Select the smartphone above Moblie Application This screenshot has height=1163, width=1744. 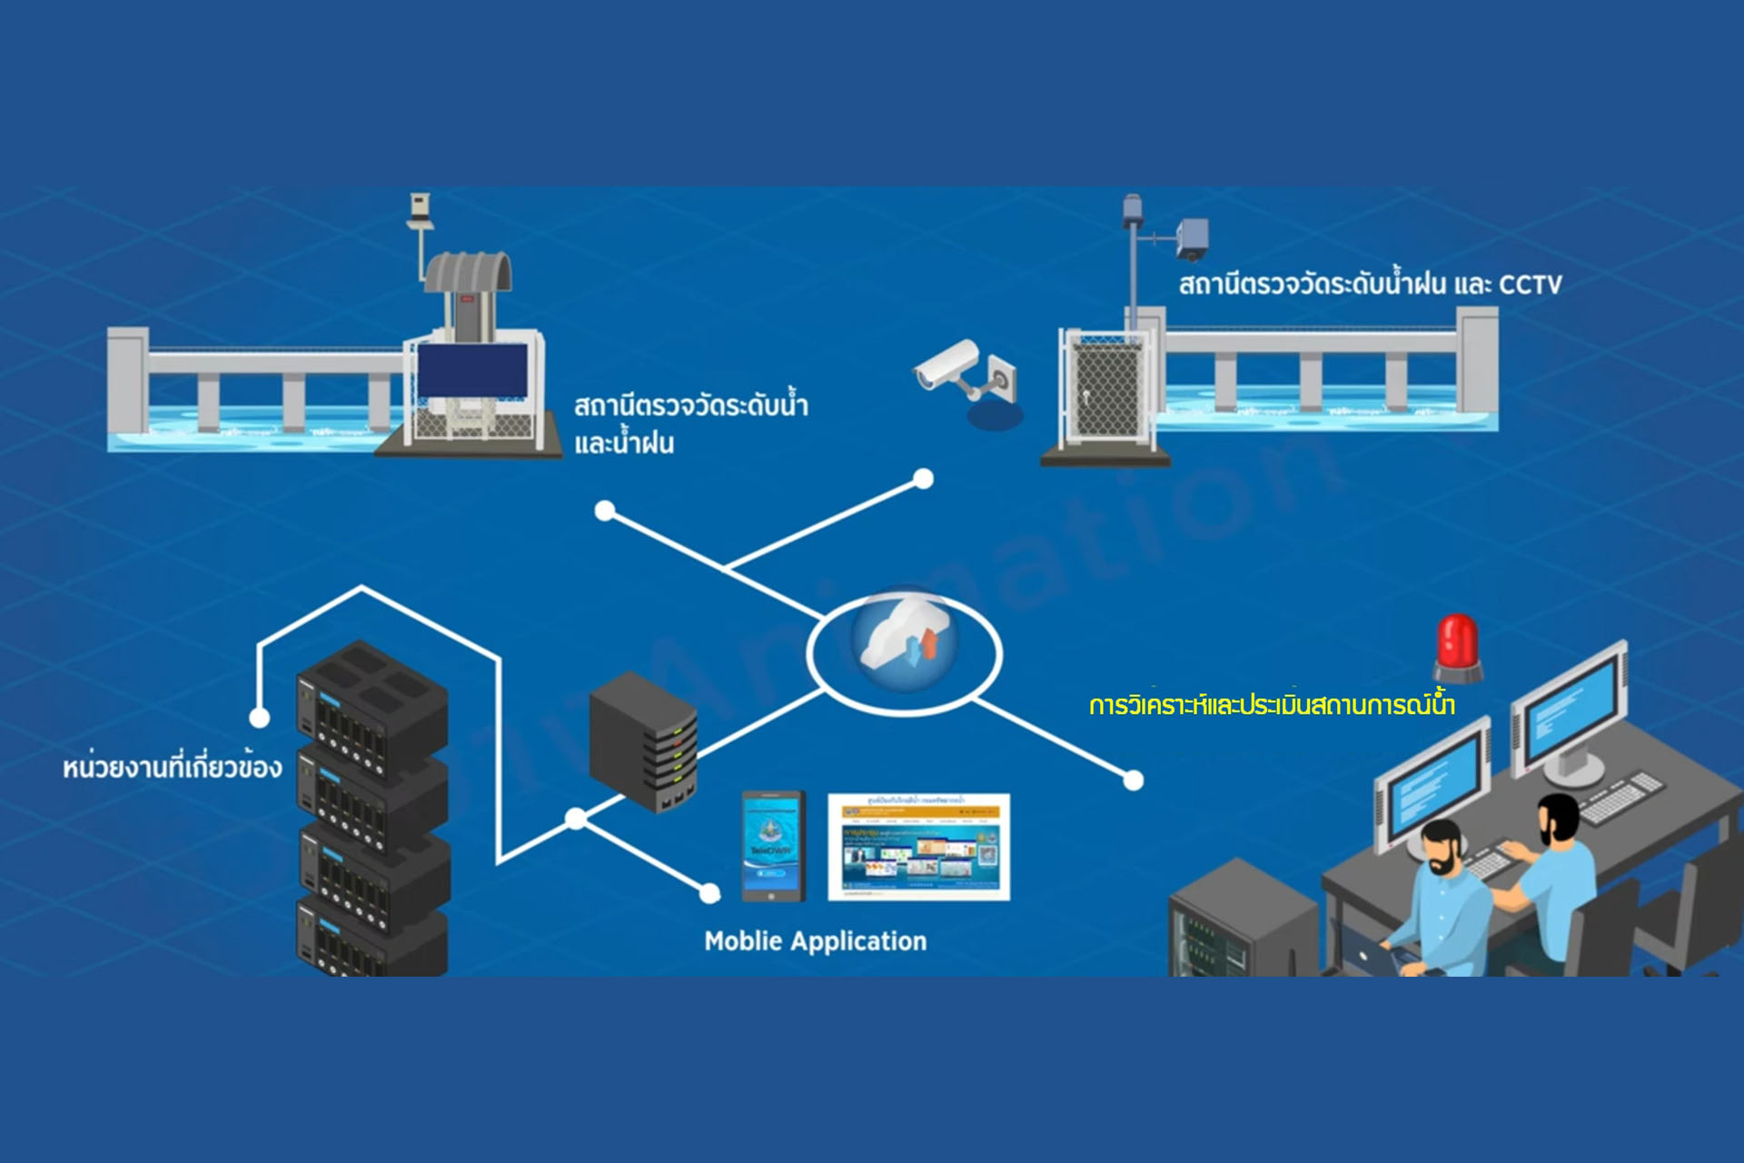point(773,846)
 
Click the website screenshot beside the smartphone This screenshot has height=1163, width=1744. point(918,847)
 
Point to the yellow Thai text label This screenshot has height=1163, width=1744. point(1272,706)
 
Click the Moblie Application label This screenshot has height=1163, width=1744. point(815,941)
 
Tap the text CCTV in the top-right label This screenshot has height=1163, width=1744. point(1530,285)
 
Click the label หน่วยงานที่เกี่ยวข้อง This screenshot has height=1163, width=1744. point(173,768)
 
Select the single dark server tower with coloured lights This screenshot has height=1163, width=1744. point(644,741)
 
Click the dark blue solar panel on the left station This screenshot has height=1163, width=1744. point(472,370)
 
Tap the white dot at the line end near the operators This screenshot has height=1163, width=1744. point(1134,780)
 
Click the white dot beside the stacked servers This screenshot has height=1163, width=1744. point(260,718)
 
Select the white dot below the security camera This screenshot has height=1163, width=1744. point(923,479)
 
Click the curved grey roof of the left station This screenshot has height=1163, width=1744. point(468,272)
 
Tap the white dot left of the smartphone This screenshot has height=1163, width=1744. point(709,893)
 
